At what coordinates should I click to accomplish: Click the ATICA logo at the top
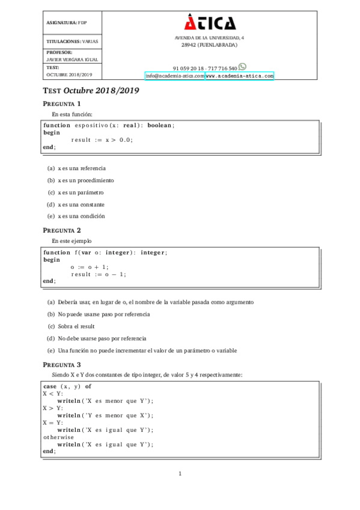[x=210, y=23]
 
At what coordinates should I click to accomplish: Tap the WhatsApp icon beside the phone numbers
[x=242, y=67]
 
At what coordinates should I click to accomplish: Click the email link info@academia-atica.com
[x=174, y=76]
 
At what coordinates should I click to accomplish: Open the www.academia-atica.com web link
[x=239, y=76]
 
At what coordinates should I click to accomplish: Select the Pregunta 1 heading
[x=62, y=103]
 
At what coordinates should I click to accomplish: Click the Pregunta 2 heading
[x=62, y=230]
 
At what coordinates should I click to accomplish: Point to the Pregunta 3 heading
[x=62, y=364]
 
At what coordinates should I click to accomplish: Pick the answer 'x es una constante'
[x=81, y=204]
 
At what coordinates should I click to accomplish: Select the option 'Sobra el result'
[x=76, y=326]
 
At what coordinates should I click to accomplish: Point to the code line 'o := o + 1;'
[x=90, y=267]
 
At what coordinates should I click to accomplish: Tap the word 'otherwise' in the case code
[x=58, y=437]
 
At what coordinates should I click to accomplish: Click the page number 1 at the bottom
[x=180, y=474]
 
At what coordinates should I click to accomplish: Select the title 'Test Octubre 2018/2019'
[x=91, y=91]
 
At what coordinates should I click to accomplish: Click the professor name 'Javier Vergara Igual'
[x=72, y=60]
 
